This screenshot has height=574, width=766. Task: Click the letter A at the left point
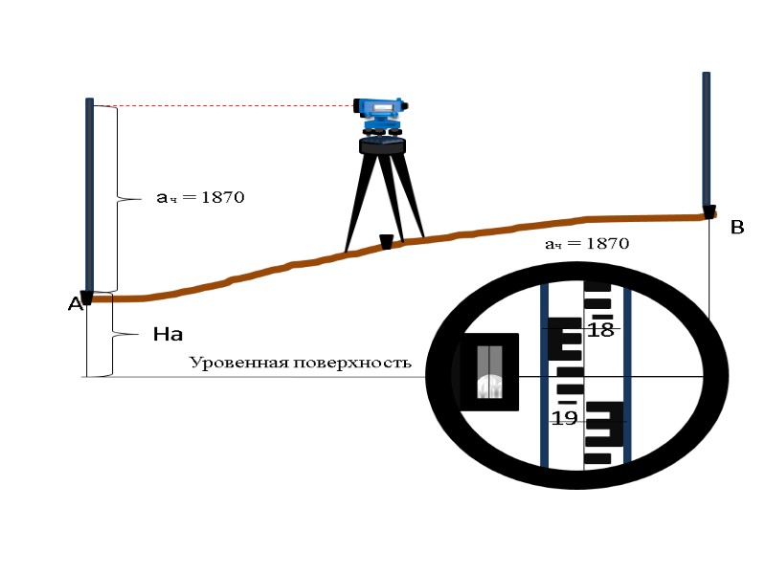(x=75, y=305)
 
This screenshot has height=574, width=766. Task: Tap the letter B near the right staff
(x=737, y=228)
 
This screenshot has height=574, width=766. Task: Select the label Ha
(x=168, y=336)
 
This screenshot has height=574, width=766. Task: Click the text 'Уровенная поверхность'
(x=300, y=363)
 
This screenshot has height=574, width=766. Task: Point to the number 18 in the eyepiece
(x=600, y=331)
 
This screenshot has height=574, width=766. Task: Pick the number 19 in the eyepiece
(x=564, y=418)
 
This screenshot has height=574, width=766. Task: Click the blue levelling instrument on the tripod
(x=381, y=114)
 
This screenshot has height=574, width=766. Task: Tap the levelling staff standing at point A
(x=89, y=191)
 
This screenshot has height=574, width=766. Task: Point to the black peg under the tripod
(x=386, y=242)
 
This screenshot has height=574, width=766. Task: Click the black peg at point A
(x=86, y=298)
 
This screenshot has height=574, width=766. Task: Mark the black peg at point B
(x=709, y=211)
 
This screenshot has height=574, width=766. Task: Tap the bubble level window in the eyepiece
(x=489, y=371)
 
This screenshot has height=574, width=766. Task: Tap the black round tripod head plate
(x=383, y=146)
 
